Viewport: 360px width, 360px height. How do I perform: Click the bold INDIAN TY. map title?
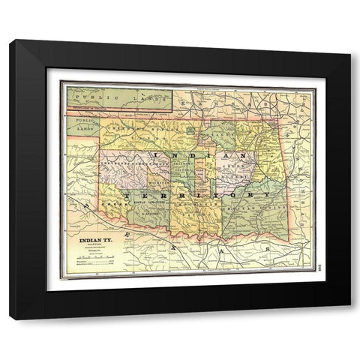[96, 241]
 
